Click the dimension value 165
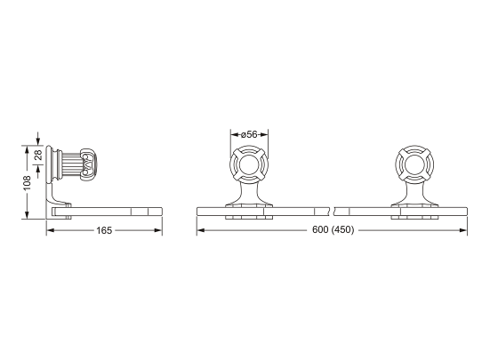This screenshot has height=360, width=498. click(104, 231)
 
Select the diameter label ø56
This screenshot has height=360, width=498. click(250, 134)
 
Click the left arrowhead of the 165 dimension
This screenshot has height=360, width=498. click(50, 231)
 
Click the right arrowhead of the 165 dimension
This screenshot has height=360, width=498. click(159, 231)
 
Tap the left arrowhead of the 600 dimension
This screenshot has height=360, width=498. click(199, 231)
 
